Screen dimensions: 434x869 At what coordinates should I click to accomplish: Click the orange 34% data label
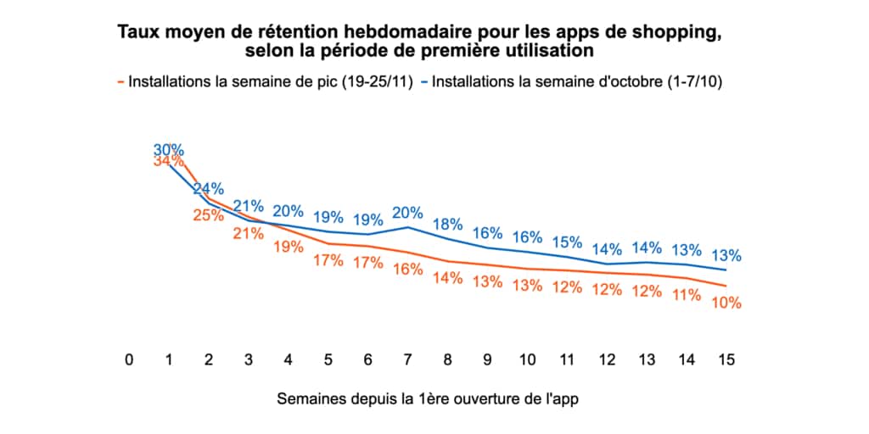(x=169, y=161)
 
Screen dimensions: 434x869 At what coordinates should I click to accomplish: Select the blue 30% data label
(x=169, y=150)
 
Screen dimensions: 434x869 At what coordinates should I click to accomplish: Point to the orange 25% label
(x=209, y=215)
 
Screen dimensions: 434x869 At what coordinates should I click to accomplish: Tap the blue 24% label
(x=209, y=188)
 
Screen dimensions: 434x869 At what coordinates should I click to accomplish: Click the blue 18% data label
(x=447, y=224)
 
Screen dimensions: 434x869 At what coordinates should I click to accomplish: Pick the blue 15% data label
(x=567, y=242)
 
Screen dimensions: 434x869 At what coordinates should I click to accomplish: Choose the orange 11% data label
(x=686, y=295)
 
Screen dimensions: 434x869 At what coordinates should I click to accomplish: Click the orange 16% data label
(x=407, y=270)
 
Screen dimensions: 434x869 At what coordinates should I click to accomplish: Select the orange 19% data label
(x=288, y=247)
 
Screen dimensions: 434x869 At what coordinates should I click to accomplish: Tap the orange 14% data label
(x=447, y=277)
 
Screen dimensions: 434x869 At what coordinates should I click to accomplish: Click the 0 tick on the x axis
(x=129, y=359)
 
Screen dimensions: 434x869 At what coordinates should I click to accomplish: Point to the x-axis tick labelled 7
(x=407, y=359)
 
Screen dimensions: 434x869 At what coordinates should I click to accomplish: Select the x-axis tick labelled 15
(x=726, y=359)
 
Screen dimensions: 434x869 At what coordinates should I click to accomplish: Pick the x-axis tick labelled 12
(x=607, y=359)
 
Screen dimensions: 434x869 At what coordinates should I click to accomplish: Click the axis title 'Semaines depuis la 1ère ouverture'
(x=434, y=398)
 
